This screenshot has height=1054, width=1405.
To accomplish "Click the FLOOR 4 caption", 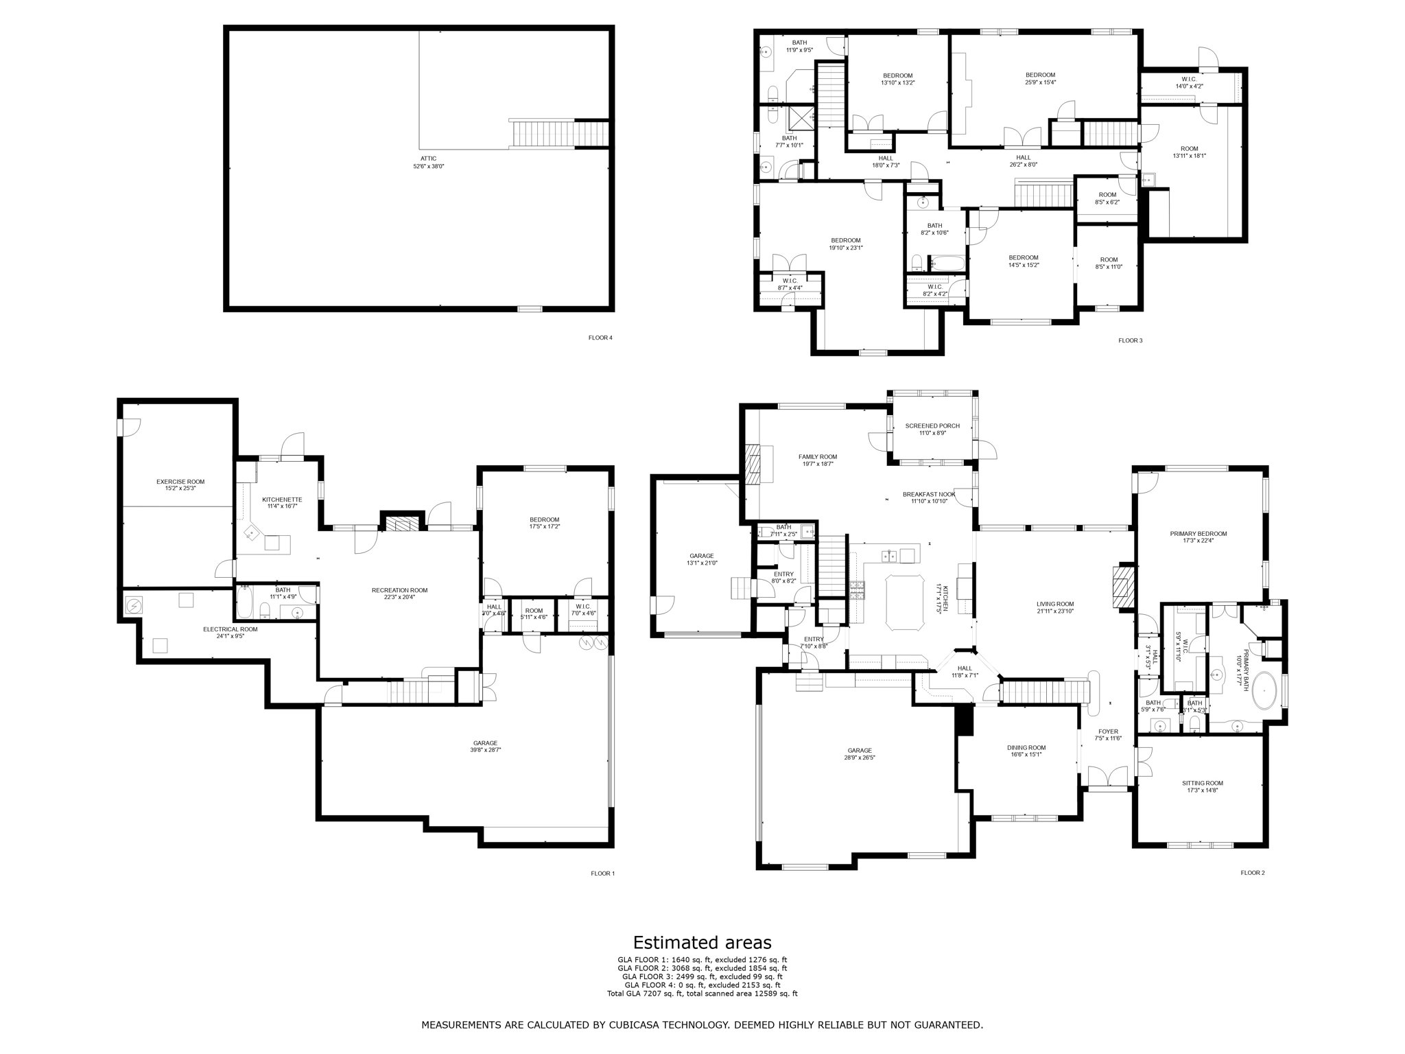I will [x=600, y=337].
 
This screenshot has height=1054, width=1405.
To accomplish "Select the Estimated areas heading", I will [x=702, y=942].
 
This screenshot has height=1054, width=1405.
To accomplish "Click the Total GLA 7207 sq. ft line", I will [x=702, y=993].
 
